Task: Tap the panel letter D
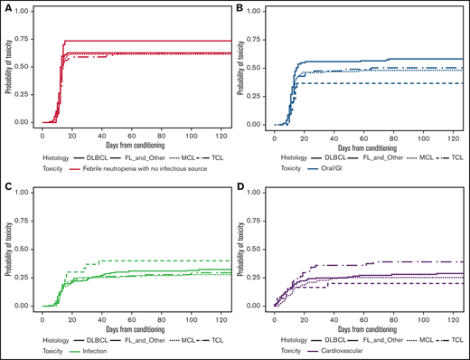point(239,187)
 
